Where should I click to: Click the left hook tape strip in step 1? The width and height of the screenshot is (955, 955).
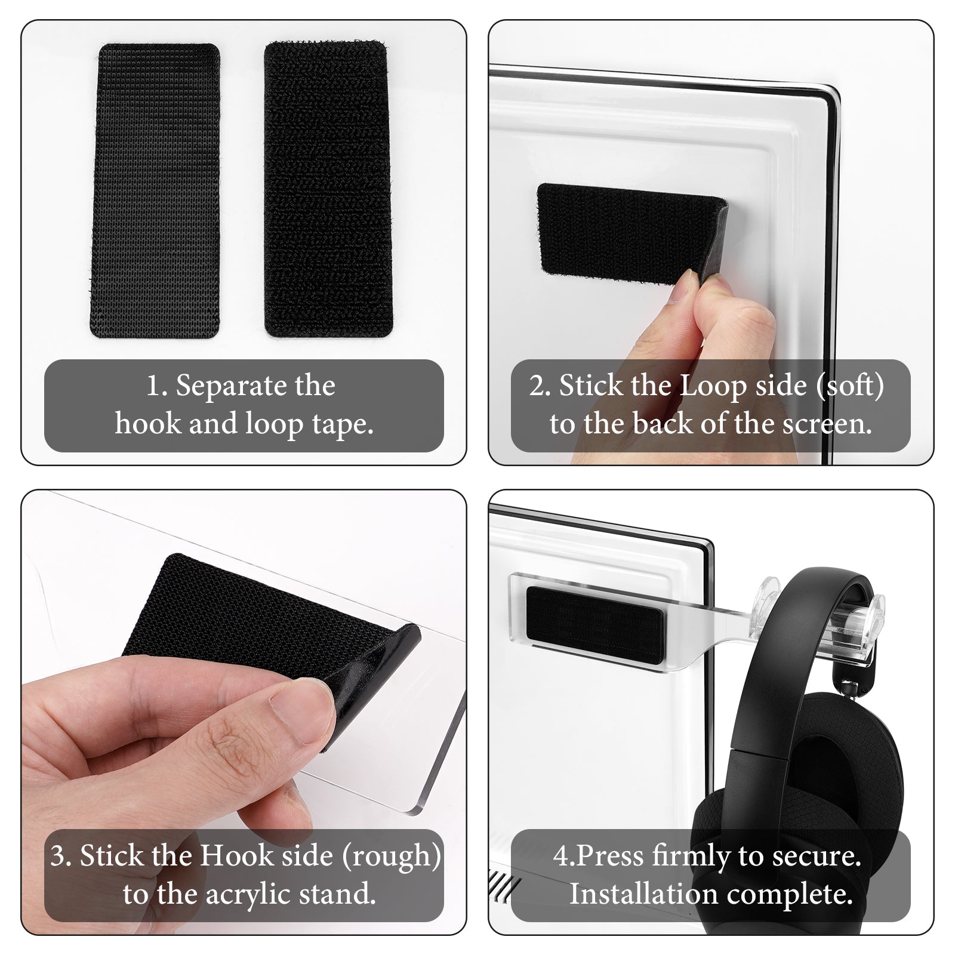click(155, 190)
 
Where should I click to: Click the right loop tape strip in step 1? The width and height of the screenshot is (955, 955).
click(328, 189)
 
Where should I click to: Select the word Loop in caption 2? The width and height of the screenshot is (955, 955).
click(713, 386)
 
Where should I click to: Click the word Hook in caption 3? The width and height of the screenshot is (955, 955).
click(233, 855)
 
